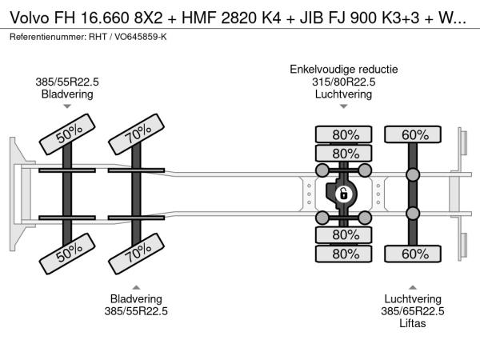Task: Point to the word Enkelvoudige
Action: point(317,69)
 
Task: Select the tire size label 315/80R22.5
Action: point(344,82)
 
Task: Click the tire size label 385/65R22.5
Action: point(412,311)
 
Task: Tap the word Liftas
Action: point(412,323)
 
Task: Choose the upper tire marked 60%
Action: point(414,134)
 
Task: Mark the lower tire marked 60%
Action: point(414,254)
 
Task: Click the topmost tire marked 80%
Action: point(344,134)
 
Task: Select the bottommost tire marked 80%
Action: point(344,254)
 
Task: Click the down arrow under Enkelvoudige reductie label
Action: point(344,106)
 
